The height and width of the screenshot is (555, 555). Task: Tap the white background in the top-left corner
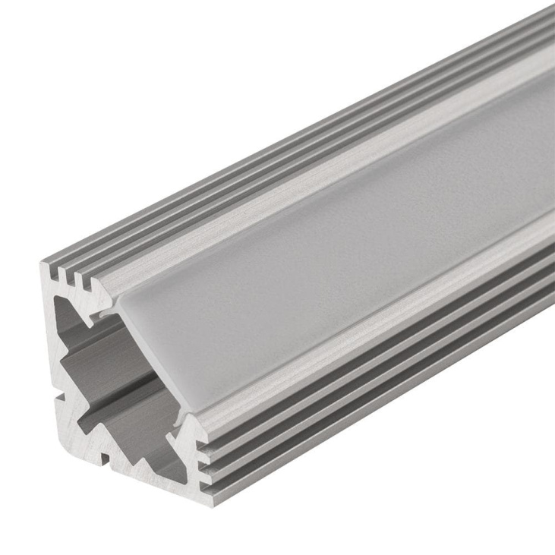(x=30, y=30)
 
